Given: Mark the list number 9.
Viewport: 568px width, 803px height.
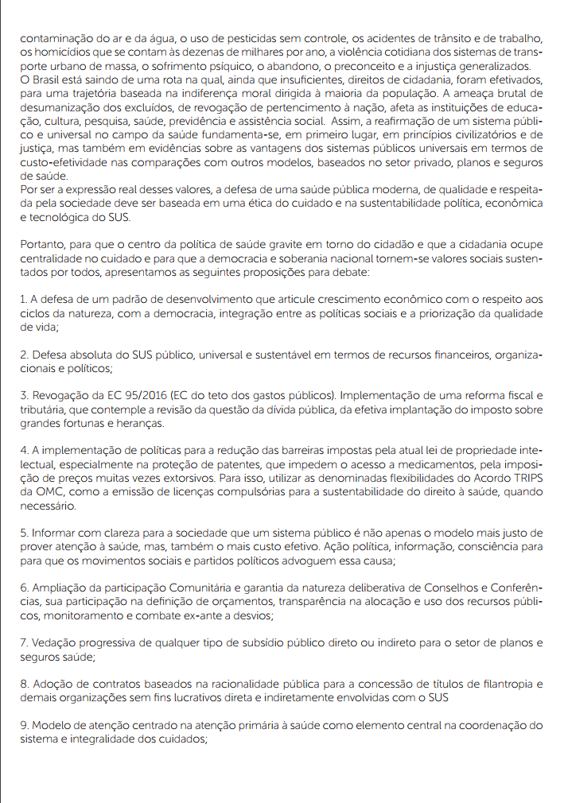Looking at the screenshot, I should click(23, 726).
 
